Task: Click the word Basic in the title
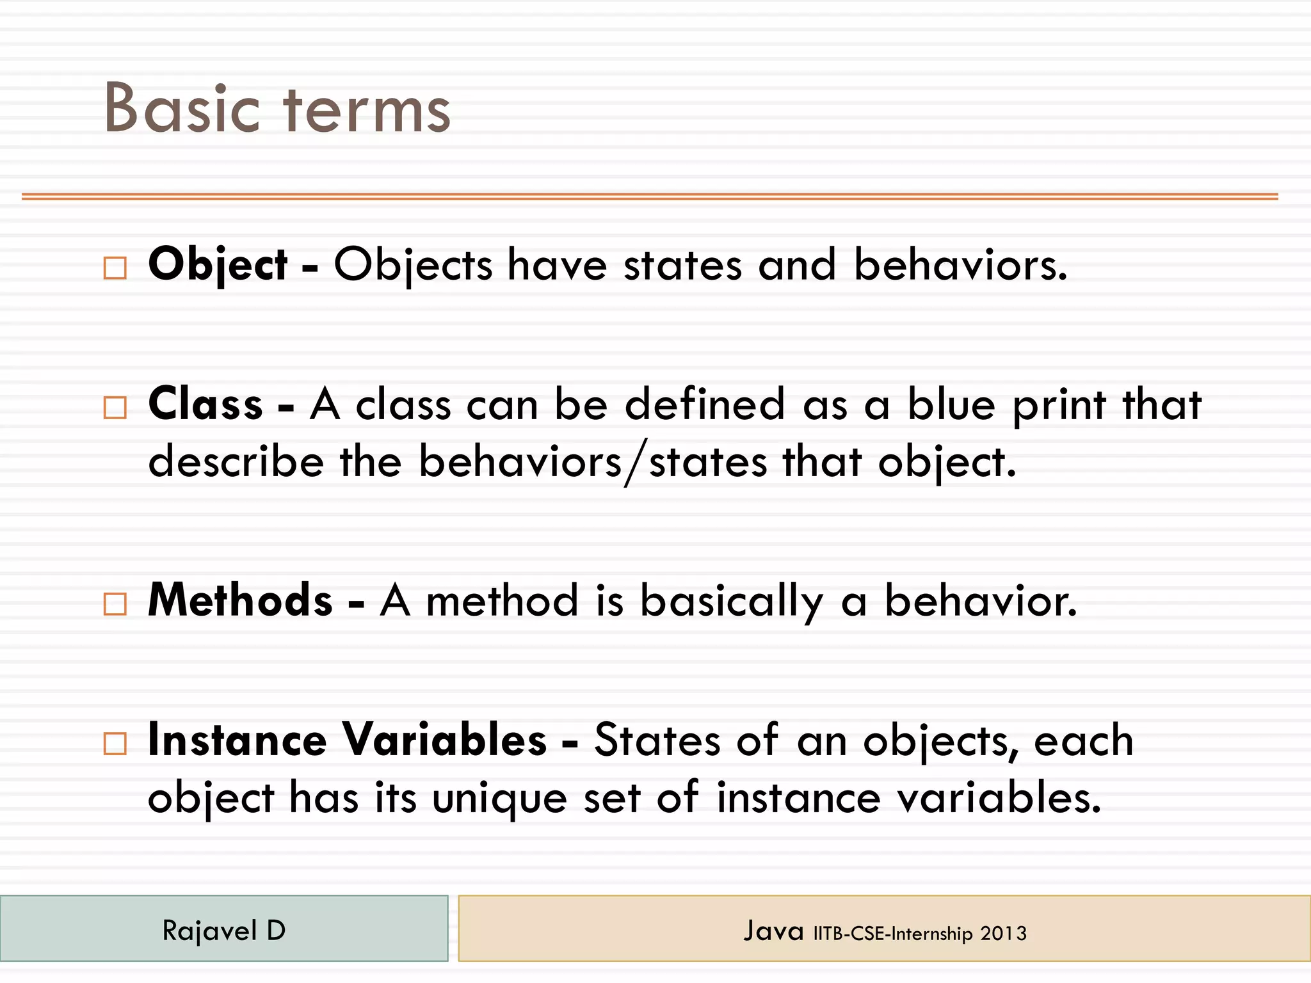182,109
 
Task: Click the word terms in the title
367,110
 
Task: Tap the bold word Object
218,264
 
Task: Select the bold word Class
205,404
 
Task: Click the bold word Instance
237,740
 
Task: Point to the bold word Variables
444,740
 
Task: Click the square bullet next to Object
115,268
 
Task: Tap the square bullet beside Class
115,407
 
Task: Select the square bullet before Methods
115,603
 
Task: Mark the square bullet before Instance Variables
115,743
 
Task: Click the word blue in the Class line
951,404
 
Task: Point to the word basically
731,602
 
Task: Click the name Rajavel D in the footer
224,931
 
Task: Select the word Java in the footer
773,931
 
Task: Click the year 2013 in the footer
1003,934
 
